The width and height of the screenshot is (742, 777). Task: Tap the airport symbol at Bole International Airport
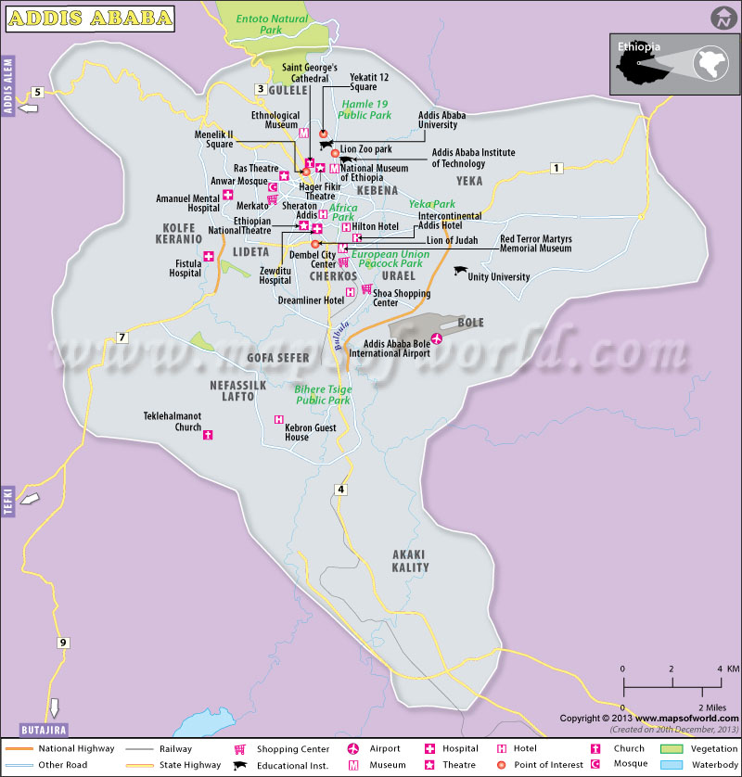[x=437, y=338]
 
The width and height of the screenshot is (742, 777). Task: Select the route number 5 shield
[x=38, y=92]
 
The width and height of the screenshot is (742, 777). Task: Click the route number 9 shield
[x=63, y=643]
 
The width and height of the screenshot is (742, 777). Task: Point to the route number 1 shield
[x=556, y=168]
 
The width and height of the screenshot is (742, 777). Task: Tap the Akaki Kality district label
[x=410, y=560]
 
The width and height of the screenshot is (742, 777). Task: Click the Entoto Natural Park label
[x=272, y=24]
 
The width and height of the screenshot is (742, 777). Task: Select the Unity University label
[x=498, y=276]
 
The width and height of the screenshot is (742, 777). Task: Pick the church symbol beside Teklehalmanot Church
[x=208, y=434]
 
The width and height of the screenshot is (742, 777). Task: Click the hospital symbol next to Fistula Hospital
[x=209, y=257]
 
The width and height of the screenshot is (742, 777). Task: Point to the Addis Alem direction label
[x=10, y=94]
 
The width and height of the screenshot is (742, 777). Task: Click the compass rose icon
[x=722, y=18]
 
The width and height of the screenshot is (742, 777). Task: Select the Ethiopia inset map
[x=673, y=64]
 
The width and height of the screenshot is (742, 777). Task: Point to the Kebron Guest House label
[x=310, y=430]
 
